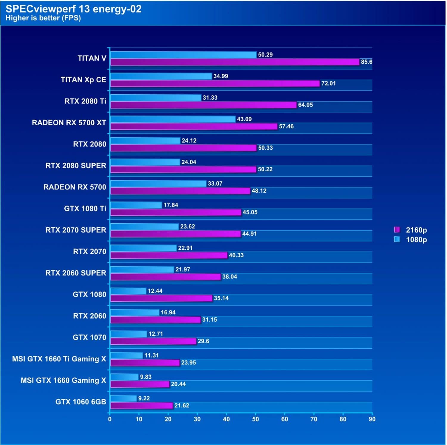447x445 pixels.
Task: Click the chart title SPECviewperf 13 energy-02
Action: coord(73,9)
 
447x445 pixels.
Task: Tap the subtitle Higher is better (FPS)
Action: coord(43,18)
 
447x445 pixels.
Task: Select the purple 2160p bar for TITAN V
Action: coord(235,62)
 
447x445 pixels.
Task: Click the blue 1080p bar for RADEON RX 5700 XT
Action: coord(173,119)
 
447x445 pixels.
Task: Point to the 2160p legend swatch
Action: coord(397,230)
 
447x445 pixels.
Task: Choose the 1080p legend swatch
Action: coord(397,239)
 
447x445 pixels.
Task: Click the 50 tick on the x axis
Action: coord(255,419)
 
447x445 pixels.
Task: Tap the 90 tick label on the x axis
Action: coord(372,419)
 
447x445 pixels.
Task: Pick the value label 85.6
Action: coord(366,62)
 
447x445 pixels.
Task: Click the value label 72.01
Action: coord(328,84)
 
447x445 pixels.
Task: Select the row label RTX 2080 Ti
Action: coord(85,101)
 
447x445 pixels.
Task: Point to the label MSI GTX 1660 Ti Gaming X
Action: coord(59,359)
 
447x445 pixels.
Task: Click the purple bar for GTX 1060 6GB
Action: coord(142,406)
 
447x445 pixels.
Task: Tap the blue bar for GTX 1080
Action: coord(128,291)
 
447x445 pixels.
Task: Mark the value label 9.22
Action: coord(144,398)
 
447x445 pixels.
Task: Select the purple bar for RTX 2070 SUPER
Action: coord(176,234)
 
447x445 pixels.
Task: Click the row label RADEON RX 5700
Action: coord(75,187)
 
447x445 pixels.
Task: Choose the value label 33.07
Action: coord(215,184)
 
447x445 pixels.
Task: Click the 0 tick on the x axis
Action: coord(110,419)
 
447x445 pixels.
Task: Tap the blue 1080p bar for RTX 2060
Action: coord(135,312)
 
